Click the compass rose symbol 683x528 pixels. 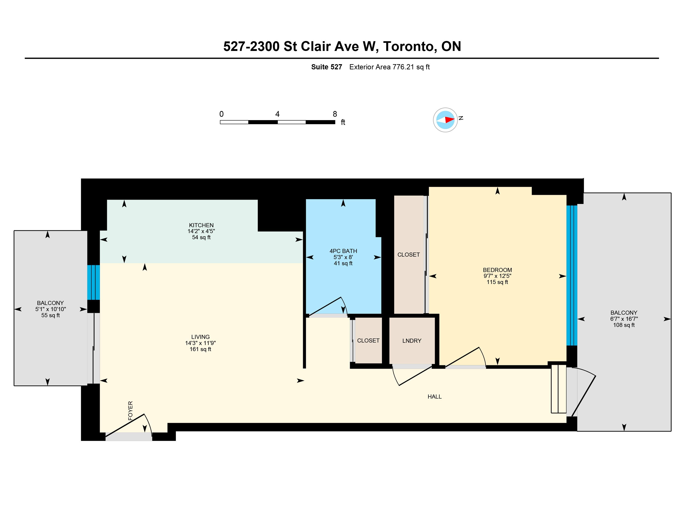click(x=445, y=120)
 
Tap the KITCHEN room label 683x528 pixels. click(x=201, y=225)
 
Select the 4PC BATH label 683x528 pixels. click(x=343, y=251)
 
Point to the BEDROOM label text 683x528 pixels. click(x=497, y=270)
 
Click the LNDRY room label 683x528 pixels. click(x=412, y=341)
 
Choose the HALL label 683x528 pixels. click(x=435, y=397)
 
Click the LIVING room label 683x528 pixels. click(x=201, y=337)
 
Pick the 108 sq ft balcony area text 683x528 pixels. click(x=624, y=325)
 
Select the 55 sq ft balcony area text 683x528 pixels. click(x=50, y=315)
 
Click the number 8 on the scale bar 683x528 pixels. click(x=335, y=114)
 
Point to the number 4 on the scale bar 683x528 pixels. click(x=277, y=114)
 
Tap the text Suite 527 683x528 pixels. click(x=326, y=67)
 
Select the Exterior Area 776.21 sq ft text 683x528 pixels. click(x=389, y=67)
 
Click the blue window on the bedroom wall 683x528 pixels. click(x=572, y=275)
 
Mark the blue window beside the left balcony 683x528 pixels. click(x=94, y=282)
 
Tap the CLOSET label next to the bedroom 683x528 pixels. click(x=408, y=255)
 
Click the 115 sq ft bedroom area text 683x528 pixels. click(x=497, y=282)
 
